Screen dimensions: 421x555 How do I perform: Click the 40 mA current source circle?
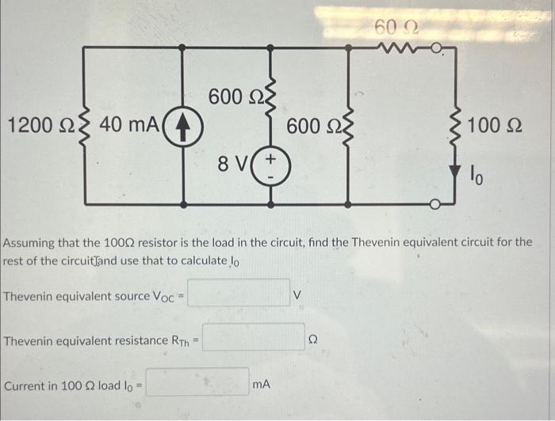pos(186,125)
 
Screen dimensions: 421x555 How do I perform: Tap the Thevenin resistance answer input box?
pos(254,339)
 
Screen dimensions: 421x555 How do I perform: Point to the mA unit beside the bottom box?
pos(261,384)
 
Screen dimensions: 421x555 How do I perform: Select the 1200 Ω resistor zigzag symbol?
pos(82,125)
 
